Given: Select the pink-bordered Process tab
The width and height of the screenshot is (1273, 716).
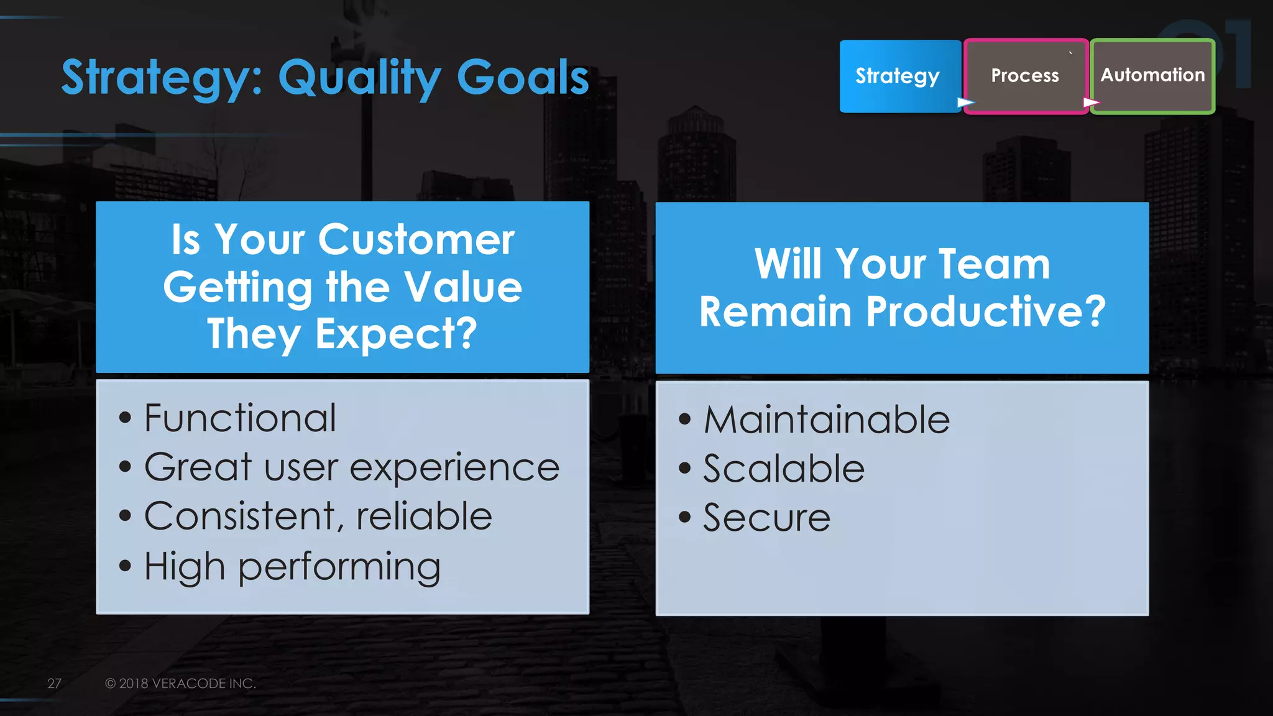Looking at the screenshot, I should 1024,76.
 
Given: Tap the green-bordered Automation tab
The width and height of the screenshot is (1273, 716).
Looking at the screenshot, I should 1152,76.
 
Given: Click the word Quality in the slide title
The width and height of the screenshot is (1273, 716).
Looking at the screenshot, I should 359,78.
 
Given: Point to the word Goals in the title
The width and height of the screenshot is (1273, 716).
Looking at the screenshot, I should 522,77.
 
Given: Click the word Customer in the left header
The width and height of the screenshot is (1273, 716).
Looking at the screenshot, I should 416,240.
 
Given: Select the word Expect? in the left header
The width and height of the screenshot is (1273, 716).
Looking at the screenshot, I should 396,334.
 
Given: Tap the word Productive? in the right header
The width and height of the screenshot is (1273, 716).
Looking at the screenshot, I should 986,311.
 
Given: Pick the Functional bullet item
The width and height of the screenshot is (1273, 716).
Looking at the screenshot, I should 240,418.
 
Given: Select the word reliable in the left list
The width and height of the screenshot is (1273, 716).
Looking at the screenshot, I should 424,516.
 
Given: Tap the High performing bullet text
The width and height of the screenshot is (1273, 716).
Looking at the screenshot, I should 292,567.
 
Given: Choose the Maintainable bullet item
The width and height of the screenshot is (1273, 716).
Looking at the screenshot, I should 826,420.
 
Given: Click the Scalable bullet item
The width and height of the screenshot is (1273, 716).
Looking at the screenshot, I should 783,469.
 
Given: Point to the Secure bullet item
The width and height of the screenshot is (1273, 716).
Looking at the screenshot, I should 766,518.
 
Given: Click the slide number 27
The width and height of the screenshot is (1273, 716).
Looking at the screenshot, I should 54,684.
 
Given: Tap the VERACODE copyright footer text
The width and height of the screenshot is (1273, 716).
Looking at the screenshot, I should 180,684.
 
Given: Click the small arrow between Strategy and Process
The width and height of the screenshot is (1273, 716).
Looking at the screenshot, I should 965,102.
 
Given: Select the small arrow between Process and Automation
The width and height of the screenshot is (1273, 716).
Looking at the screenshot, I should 1091,102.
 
